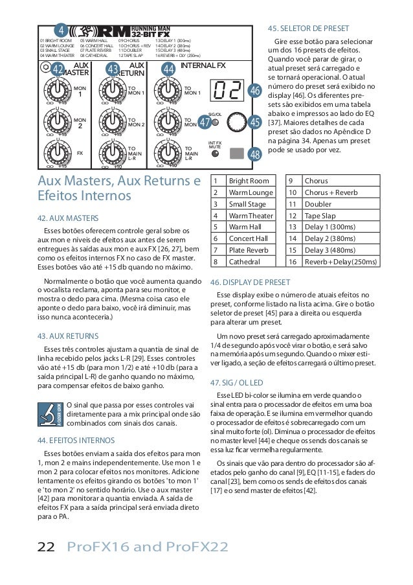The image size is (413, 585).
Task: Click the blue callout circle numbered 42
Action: (58, 70)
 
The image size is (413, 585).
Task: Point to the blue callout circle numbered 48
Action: (254, 154)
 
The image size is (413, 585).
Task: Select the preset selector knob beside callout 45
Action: (234, 122)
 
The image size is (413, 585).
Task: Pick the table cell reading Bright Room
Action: (249, 180)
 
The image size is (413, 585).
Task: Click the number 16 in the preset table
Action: (292, 262)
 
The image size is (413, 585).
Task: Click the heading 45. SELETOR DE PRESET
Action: (308, 29)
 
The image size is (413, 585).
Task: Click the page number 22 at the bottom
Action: (45, 548)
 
